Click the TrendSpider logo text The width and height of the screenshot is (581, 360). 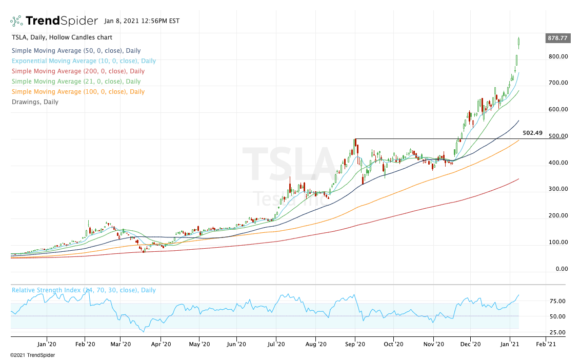tap(62, 21)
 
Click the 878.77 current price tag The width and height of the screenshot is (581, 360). tap(557, 38)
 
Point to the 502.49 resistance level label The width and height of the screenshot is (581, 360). tap(532, 133)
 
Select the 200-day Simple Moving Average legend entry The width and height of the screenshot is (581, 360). tap(78, 71)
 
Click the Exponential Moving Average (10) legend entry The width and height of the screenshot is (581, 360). tap(84, 61)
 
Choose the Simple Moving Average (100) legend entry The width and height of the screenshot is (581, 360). tap(78, 92)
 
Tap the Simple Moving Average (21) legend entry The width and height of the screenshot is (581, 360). tap(76, 82)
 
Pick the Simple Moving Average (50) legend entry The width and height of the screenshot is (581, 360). tap(76, 51)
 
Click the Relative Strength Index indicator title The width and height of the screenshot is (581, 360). tap(84, 290)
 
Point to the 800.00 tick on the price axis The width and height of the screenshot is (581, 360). tap(557, 56)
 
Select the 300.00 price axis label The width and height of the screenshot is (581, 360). tap(557, 189)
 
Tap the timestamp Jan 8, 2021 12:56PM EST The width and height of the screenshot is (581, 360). tap(142, 22)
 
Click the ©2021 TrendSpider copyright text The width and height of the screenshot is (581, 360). tap(32, 355)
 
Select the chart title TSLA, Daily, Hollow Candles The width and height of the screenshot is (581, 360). tap(62, 37)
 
